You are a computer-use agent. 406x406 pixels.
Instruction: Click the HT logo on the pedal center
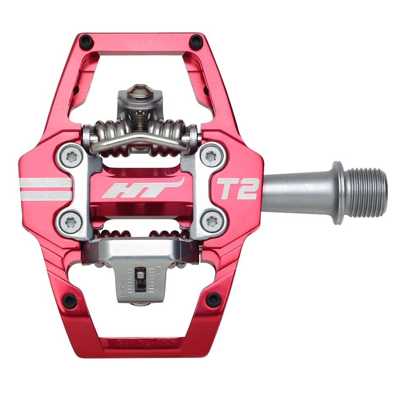click(143, 188)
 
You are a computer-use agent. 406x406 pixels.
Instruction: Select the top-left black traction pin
click(86, 41)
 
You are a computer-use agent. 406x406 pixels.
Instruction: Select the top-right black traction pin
click(196, 41)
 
